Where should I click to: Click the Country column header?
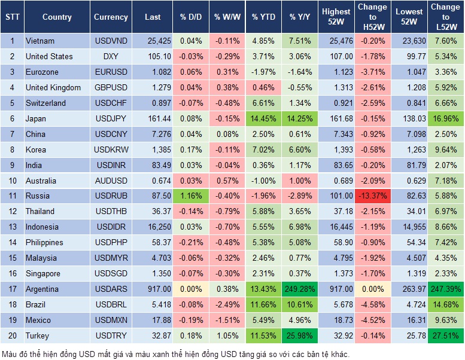tap(57, 17)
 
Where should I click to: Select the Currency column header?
tap(111, 17)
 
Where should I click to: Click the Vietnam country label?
tap(40, 41)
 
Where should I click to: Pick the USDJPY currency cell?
tap(111, 118)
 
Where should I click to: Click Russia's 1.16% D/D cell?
tap(190, 196)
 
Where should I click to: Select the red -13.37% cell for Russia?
tap(373, 196)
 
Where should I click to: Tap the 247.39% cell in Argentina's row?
tap(445, 289)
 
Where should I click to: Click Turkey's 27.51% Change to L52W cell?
tap(445, 335)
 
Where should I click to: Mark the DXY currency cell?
tap(111, 56)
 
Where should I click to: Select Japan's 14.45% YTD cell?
tap(263, 118)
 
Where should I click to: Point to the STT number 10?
tap(12, 181)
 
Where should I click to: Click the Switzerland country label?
tap(45, 103)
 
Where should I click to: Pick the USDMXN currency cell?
tap(111, 320)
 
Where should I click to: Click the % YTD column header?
tap(263, 17)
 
